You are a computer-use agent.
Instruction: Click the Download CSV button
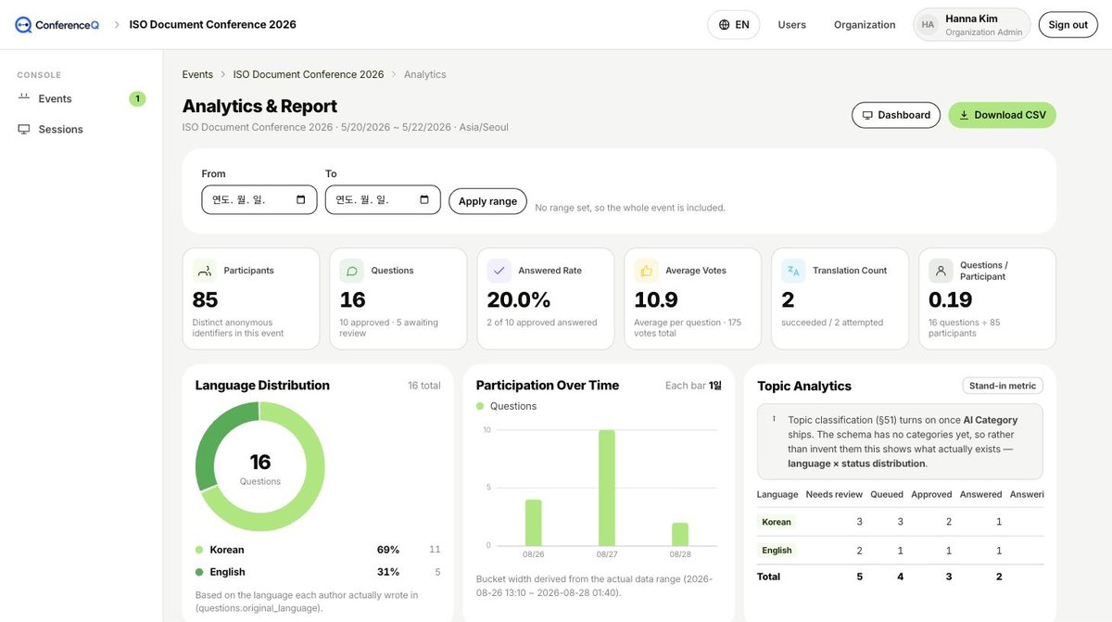[x=1002, y=115]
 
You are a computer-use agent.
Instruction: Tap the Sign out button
[x=1068, y=25]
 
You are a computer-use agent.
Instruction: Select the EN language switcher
[x=733, y=25]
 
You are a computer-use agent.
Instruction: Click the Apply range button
[x=487, y=201]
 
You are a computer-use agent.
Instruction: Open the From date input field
[x=259, y=199]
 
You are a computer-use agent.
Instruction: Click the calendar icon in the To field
[x=424, y=199]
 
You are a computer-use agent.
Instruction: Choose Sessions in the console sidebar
[x=60, y=129]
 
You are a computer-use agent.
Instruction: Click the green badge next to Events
[x=137, y=99]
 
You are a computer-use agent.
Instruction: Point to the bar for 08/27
[x=607, y=488]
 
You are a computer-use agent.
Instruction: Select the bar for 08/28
[x=680, y=534]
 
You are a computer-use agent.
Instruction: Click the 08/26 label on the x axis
[x=533, y=554]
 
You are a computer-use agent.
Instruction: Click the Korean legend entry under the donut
[x=227, y=550]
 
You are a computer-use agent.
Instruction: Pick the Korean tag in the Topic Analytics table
[x=777, y=522]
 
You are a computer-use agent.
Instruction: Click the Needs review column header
[x=834, y=494]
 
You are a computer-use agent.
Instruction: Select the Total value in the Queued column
[x=900, y=577]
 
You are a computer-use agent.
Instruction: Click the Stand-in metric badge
[x=1003, y=386]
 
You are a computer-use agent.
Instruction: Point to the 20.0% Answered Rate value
[x=518, y=299]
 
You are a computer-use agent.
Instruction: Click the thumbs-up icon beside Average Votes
[x=646, y=271]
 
